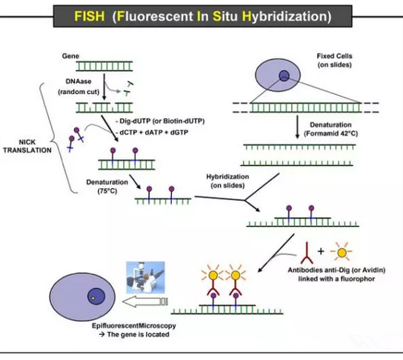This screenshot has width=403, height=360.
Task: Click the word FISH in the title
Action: (90, 16)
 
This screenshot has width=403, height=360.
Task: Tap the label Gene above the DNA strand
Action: (70, 56)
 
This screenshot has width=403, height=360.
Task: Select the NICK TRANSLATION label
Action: (27, 146)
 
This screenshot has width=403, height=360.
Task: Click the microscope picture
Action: (145, 278)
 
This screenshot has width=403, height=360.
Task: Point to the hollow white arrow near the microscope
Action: (145, 301)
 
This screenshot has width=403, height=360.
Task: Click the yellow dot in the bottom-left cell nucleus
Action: (93, 298)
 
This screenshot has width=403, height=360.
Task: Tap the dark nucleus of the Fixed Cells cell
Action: (284, 76)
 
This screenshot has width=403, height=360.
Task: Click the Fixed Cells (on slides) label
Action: (334, 60)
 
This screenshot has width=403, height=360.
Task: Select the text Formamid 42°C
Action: (331, 133)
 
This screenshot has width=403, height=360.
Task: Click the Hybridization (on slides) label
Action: (227, 181)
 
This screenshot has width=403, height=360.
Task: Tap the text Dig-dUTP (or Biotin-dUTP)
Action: (162, 121)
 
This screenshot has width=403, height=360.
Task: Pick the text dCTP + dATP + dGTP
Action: (154, 133)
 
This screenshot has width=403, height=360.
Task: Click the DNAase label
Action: (79, 81)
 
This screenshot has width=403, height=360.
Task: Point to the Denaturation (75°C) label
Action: (107, 186)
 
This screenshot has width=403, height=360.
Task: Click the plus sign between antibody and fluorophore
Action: (321, 251)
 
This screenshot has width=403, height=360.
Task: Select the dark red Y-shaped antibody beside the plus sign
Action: (307, 254)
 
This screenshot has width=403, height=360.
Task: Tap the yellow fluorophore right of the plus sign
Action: (342, 253)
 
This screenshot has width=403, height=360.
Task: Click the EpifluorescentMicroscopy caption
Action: (134, 326)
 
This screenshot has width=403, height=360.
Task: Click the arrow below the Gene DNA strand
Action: (104, 87)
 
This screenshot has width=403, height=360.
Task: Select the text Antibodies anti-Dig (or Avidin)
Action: (336, 270)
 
